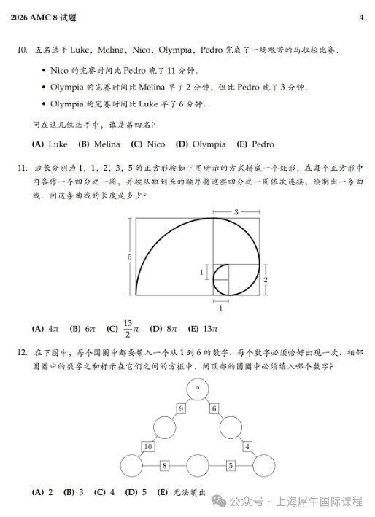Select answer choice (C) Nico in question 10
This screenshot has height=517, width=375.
(x=148, y=144)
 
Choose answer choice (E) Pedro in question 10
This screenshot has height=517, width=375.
(x=255, y=144)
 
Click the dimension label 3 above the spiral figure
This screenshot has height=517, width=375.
(x=236, y=211)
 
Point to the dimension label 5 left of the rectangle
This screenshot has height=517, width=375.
(x=129, y=257)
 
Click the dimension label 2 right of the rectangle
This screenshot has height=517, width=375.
(x=266, y=279)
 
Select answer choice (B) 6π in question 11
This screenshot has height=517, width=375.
(x=82, y=328)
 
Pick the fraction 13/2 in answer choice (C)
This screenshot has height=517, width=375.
(x=127, y=328)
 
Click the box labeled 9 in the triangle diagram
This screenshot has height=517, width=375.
(x=180, y=409)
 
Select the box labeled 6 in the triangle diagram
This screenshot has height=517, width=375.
(x=214, y=409)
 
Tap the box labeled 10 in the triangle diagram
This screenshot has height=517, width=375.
(x=148, y=446)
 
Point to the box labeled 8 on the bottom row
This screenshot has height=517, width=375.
(x=164, y=464)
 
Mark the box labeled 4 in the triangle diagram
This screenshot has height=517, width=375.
(x=247, y=446)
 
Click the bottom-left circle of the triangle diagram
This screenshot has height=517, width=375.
(x=131, y=464)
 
